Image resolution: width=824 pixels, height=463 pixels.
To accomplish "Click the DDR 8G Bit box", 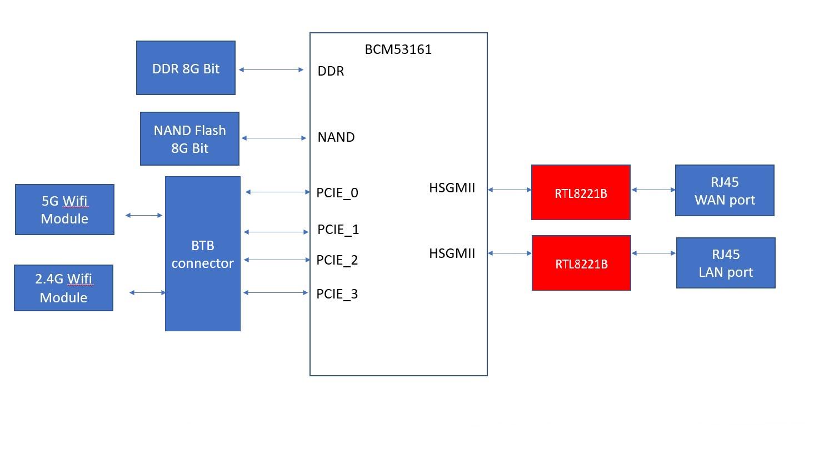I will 186,68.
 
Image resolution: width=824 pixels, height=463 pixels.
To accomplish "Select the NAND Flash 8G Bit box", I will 189,139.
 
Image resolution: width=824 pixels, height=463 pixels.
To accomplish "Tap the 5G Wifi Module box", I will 64,210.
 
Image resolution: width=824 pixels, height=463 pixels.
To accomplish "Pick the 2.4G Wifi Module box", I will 63,288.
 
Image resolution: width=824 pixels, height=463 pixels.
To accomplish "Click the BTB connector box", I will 203,254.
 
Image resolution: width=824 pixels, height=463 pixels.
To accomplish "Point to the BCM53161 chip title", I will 398,49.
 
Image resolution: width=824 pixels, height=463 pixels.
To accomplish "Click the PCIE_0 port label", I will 337,193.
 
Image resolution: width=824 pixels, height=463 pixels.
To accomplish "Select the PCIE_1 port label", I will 338,230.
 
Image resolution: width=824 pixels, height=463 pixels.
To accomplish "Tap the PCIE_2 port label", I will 337,260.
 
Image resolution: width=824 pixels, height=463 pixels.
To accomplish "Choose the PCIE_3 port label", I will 337,294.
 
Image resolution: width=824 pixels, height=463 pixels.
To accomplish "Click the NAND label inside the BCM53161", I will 336,137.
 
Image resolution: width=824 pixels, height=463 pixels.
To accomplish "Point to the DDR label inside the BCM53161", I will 331,71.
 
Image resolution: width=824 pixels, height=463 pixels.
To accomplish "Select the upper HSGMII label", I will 452,188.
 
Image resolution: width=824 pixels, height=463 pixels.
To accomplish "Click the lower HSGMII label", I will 452,253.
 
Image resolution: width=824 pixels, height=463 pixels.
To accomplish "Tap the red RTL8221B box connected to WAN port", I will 581,192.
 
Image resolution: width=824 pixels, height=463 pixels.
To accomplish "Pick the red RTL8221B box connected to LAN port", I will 581,263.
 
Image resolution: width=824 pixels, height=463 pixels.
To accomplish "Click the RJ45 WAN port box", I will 725,191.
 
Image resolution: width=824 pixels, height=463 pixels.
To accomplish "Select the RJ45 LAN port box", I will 726,263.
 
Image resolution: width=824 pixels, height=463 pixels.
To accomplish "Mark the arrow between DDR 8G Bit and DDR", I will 271,70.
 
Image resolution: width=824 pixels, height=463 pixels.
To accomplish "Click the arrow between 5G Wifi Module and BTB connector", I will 144,215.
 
